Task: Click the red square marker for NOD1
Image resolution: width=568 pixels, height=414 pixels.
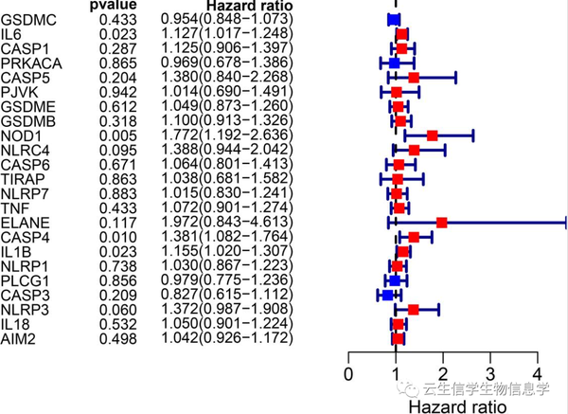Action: (432, 135)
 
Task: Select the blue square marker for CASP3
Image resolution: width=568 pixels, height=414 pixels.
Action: (387, 295)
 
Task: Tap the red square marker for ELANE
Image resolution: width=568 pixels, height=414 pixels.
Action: (441, 223)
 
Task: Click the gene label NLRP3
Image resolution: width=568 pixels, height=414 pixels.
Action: (23, 309)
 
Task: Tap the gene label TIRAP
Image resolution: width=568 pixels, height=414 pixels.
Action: (20, 179)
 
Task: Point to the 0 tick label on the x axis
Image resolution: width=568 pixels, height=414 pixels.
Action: (349, 371)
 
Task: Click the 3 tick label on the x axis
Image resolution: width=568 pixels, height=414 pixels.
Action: (489, 371)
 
